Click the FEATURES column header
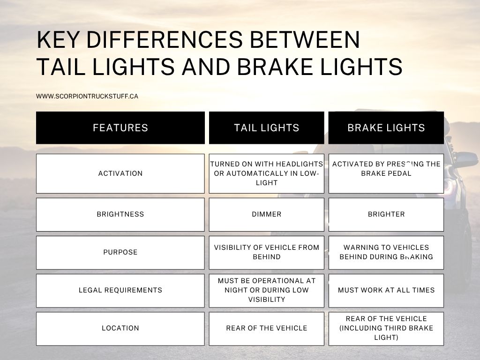(120, 127)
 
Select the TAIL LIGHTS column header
(266, 127)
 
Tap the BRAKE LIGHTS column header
(386, 127)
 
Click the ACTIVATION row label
(120, 173)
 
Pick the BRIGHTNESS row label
(120, 214)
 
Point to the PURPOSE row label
(120, 252)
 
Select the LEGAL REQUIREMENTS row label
(120, 290)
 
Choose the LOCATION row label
(120, 328)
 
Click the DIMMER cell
(266, 214)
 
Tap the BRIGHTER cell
(386, 214)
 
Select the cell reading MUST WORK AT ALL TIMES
(386, 290)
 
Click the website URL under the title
(87, 96)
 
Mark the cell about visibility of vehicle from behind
(266, 252)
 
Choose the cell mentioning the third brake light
(386, 328)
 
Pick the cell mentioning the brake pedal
(386, 173)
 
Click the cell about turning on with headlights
(266, 173)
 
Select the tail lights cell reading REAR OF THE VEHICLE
(266, 328)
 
